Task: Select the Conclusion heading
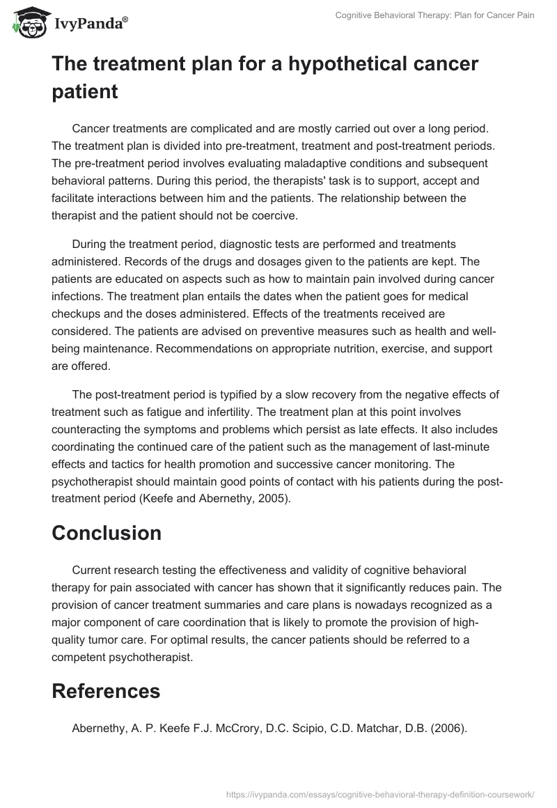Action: point(107,533)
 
